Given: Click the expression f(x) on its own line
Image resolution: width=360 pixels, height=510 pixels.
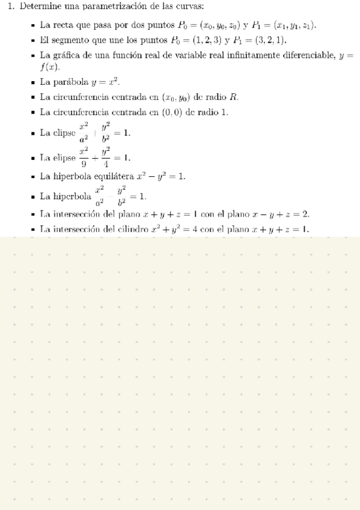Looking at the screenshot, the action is (50, 67).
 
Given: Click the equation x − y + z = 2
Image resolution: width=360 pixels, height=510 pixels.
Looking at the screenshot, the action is (282, 214).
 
